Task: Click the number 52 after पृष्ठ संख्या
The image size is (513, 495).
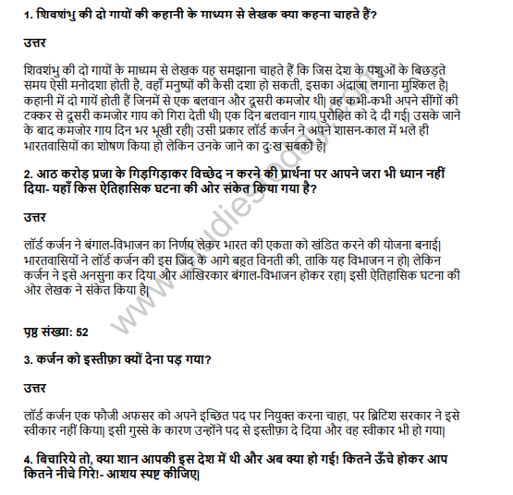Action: click(x=82, y=331)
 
